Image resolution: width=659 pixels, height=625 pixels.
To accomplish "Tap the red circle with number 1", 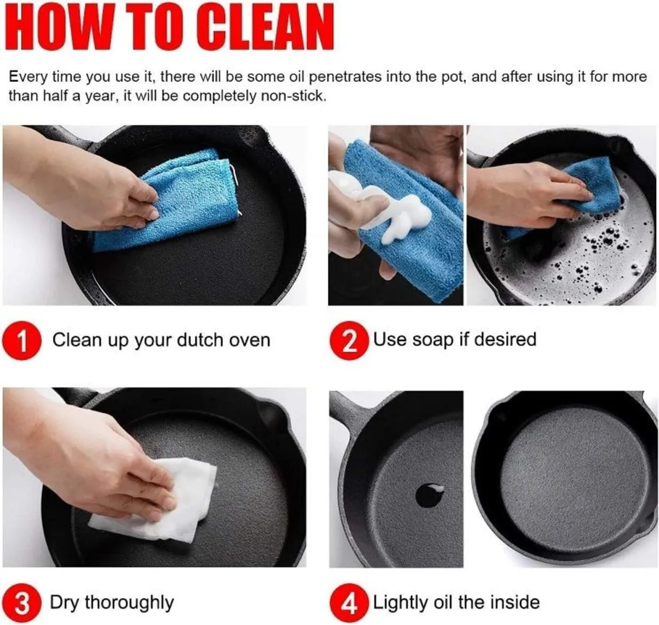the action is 22,341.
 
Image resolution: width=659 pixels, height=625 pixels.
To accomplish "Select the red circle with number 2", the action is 349,341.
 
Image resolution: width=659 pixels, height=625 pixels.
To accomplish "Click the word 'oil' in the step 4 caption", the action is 444,602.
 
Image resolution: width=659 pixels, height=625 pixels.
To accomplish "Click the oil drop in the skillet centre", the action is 429,495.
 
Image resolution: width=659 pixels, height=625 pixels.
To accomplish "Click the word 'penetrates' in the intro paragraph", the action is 345,77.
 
